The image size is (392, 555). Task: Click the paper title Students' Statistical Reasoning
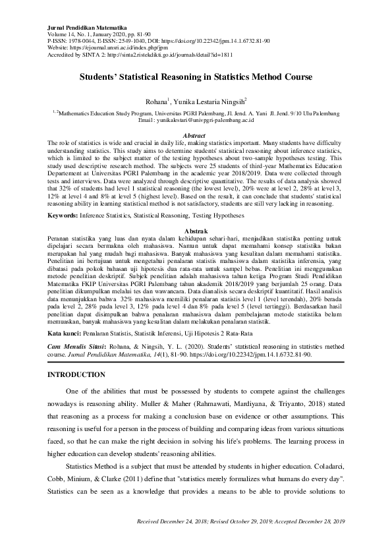pos(196,76)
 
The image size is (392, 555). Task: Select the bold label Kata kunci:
pos(67,334)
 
